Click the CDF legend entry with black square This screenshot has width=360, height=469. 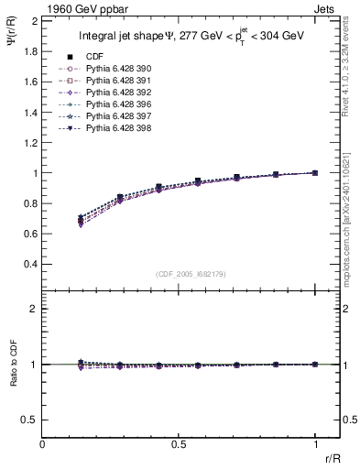(94, 57)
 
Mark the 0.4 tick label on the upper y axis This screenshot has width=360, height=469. (30, 264)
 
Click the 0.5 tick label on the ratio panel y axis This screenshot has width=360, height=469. (30, 420)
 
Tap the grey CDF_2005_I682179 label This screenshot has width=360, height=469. (191, 273)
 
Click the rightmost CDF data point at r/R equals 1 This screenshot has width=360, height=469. (315, 172)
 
